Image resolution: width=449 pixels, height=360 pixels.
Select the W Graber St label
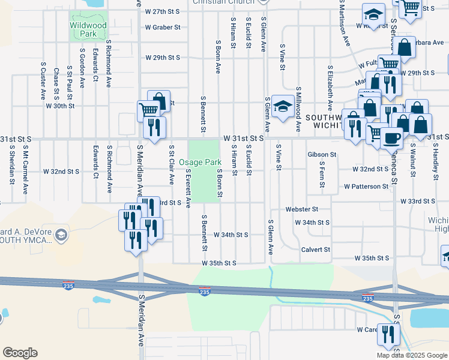point(163,28)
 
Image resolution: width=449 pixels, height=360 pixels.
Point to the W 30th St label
point(59,106)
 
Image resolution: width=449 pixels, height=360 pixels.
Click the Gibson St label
point(322,155)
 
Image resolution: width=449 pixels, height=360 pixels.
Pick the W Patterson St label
point(366,187)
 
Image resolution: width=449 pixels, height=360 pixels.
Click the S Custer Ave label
point(43,80)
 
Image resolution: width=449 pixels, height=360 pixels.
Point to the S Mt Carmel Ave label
point(26,173)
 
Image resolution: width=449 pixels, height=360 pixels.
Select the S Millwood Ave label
point(298,109)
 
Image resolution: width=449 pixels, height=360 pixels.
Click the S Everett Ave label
point(188,188)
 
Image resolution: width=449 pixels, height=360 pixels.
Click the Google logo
point(20,353)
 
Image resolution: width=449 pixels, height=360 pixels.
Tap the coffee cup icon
point(392,138)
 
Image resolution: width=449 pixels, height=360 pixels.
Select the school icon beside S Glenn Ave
point(280,107)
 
